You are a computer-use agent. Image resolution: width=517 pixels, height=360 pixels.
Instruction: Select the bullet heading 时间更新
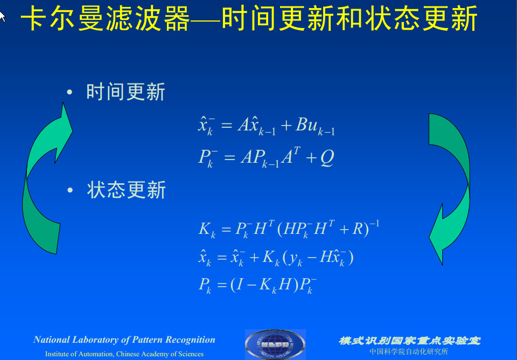point(125,92)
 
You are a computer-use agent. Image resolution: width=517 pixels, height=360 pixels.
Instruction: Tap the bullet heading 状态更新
point(126,190)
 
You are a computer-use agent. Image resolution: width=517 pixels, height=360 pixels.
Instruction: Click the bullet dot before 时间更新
point(69,92)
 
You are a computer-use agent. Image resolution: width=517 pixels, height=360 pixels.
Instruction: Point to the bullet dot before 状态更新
point(69,190)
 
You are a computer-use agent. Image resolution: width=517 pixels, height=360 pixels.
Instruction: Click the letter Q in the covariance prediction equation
point(327,157)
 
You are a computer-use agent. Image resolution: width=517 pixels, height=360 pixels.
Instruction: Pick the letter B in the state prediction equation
point(302,125)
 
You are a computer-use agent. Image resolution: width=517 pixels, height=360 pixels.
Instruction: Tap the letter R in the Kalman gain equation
point(358,229)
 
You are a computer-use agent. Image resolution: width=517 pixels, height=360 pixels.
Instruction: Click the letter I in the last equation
point(239,285)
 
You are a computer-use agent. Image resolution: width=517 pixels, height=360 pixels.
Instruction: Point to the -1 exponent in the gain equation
point(374,223)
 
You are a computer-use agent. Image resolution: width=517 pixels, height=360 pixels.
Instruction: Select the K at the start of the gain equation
point(204,229)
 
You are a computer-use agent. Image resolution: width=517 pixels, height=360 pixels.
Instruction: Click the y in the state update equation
point(294,258)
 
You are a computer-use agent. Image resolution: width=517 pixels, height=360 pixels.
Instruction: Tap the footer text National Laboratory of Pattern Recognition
point(124,340)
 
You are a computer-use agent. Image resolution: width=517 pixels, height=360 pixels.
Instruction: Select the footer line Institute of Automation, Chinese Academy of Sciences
point(124,354)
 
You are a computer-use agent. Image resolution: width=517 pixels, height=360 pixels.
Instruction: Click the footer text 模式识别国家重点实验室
point(409,341)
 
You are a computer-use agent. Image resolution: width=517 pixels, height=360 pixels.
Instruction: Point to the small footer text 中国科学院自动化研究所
point(409,352)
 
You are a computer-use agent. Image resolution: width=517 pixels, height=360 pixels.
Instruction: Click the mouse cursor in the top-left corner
point(3,16)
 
